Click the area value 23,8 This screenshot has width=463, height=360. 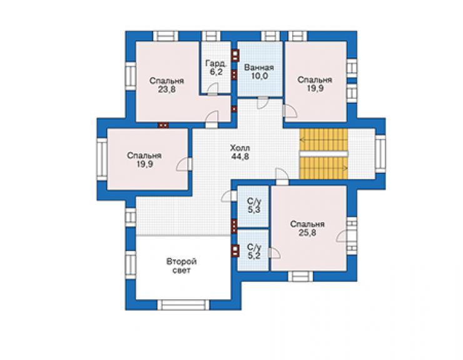(x=166, y=90)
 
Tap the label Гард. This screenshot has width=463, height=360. (x=216, y=63)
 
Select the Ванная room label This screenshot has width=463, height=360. (x=259, y=68)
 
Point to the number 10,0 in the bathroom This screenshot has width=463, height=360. (x=260, y=76)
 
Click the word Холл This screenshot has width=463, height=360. (x=240, y=148)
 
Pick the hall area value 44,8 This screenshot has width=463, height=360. (x=240, y=157)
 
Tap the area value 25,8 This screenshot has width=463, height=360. (x=307, y=233)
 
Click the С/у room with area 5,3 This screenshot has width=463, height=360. (x=253, y=206)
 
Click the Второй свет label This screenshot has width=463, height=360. (x=181, y=266)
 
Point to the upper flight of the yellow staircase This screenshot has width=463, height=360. (x=323, y=140)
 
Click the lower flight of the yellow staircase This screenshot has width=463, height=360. (x=323, y=168)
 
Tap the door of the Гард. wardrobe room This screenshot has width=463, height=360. (x=212, y=89)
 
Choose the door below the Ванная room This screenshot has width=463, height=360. (x=263, y=103)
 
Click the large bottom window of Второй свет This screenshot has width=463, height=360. (x=183, y=305)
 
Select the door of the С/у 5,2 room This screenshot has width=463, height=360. (x=275, y=254)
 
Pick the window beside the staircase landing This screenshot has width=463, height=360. (x=380, y=153)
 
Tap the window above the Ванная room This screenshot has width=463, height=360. (x=270, y=36)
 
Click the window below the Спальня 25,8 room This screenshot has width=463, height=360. (x=300, y=276)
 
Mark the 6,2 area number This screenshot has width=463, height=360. (x=216, y=72)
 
